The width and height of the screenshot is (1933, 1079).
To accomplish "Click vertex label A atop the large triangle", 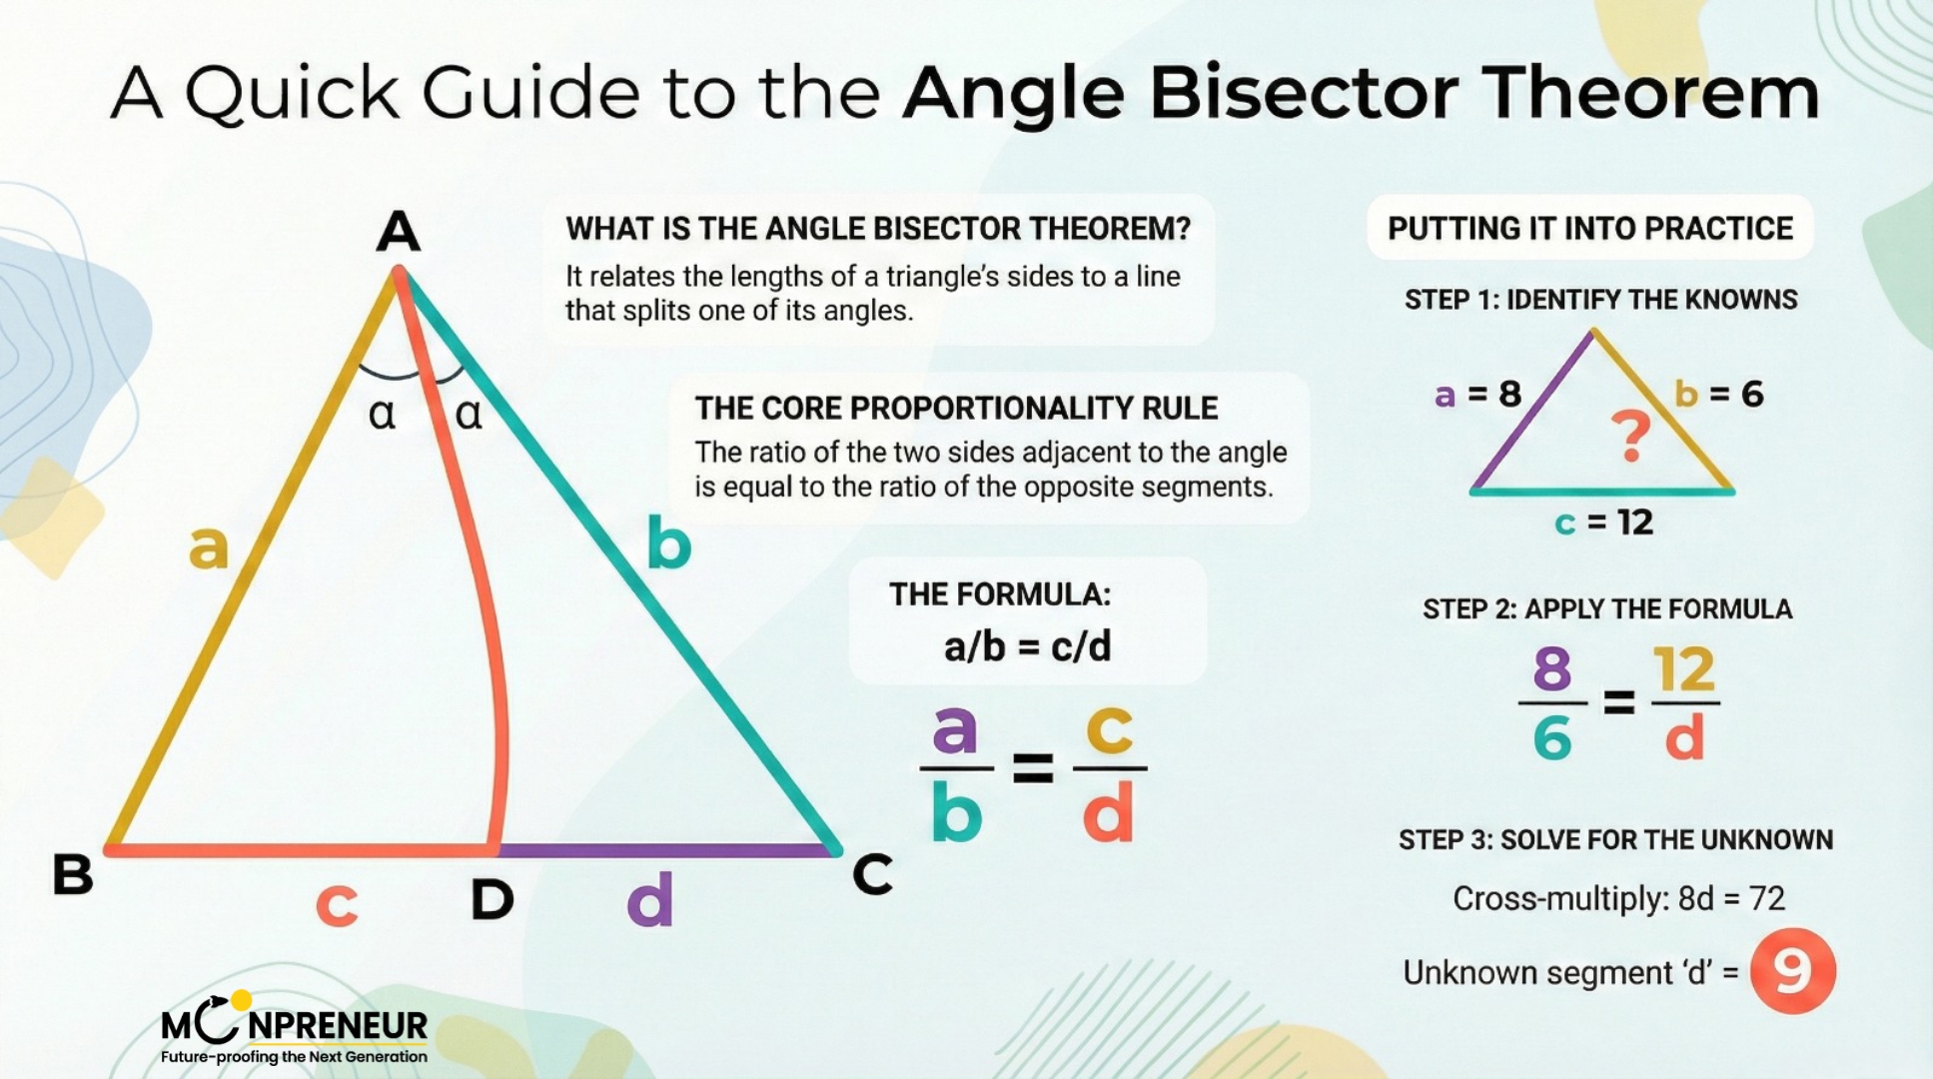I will click(398, 232).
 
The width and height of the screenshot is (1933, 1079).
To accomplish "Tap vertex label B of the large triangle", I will click(73, 874).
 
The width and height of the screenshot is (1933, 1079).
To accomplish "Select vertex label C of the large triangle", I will click(872, 875).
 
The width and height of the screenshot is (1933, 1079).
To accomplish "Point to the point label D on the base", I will click(491, 899).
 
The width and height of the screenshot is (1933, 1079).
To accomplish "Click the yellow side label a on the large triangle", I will click(209, 547).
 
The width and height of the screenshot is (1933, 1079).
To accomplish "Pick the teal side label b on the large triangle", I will click(668, 544).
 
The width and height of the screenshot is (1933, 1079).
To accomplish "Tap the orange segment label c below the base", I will click(337, 905).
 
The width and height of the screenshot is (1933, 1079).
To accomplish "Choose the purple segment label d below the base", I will click(649, 899).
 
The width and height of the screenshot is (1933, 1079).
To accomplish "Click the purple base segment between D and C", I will click(664, 850).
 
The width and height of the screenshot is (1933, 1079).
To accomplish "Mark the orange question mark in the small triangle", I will click(1630, 436).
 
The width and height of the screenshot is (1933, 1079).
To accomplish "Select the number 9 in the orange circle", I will click(1792, 971).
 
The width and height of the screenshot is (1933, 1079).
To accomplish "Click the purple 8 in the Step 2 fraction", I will click(1551, 669).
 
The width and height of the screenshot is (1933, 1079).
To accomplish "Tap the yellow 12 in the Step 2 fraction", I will click(1684, 669).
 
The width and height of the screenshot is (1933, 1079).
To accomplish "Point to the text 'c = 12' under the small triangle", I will click(1604, 522).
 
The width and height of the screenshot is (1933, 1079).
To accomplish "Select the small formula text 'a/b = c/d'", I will click(1027, 647).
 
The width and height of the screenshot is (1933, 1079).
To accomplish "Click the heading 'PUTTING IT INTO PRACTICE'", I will click(1589, 229).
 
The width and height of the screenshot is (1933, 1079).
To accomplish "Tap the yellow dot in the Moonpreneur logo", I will click(241, 999).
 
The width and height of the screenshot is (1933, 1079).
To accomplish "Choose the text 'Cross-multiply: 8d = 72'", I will click(1618, 899).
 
